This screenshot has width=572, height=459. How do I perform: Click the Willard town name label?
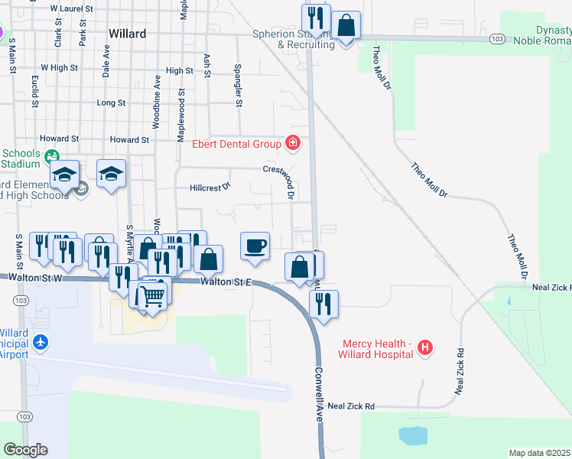coord(127,34)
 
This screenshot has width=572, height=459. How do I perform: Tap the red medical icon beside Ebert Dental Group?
coord(292,142)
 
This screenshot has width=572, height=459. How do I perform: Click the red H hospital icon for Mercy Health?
coord(426,349)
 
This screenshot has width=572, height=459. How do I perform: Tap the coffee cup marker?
coord(255,246)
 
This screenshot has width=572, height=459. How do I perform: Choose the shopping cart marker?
coord(153,295)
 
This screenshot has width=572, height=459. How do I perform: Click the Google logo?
coord(25,449)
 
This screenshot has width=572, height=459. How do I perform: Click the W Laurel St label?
coord(71,8)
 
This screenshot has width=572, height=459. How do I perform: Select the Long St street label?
coord(111,103)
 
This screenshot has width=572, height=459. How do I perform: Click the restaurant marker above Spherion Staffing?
coord(315,18)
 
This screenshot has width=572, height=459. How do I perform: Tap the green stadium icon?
coord(52,157)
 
